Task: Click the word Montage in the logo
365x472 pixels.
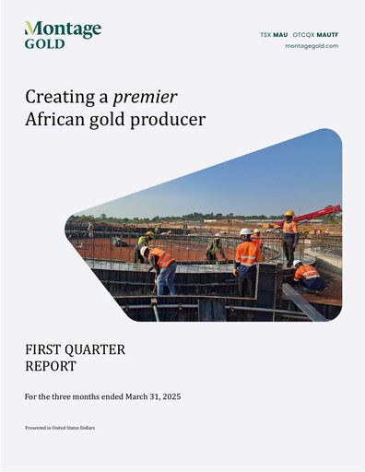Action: click(x=64, y=29)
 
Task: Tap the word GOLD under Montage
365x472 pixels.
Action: click(x=44, y=43)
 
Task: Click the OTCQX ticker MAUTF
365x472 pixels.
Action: click(x=328, y=34)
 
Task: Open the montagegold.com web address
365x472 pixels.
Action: click(x=312, y=46)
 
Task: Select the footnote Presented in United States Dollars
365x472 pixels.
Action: click(x=60, y=429)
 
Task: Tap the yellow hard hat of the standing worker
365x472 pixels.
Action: click(x=289, y=214)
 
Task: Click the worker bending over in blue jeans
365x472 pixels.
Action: click(x=161, y=267)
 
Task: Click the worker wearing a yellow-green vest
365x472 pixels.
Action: click(x=215, y=248)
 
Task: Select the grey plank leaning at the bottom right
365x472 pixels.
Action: click(x=303, y=301)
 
